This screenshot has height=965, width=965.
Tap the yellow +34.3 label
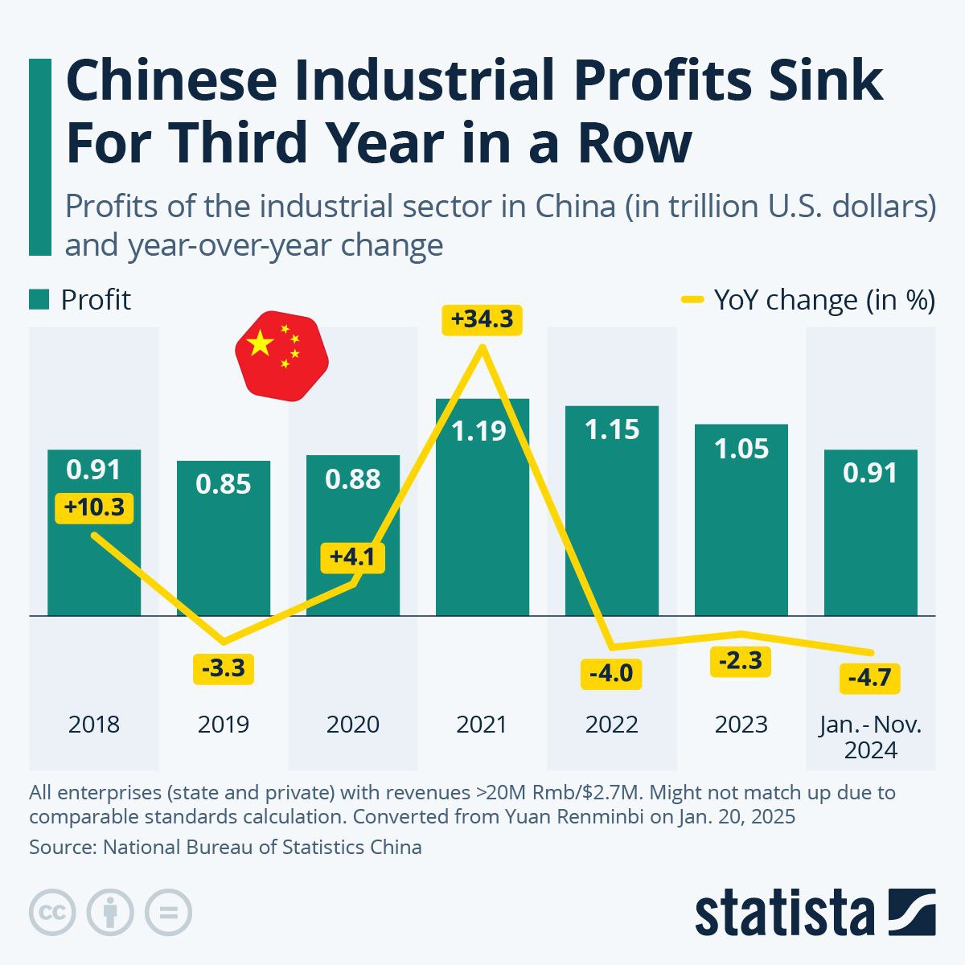482,319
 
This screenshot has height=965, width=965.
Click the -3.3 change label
224,668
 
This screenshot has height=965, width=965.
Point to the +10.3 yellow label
94,508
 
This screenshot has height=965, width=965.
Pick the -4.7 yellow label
869,678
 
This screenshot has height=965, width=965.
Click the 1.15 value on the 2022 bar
612,429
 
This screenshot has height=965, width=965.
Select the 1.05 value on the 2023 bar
741,448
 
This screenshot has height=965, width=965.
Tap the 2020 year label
353,725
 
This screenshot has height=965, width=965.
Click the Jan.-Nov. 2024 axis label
871,737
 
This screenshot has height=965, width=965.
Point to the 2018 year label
94,725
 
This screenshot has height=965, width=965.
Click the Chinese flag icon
281,354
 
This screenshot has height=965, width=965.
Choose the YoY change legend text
824,300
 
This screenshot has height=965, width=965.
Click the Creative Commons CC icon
52,912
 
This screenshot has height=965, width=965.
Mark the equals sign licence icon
169,912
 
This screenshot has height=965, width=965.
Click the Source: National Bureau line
225,847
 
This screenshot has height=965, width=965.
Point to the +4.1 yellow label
353,556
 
